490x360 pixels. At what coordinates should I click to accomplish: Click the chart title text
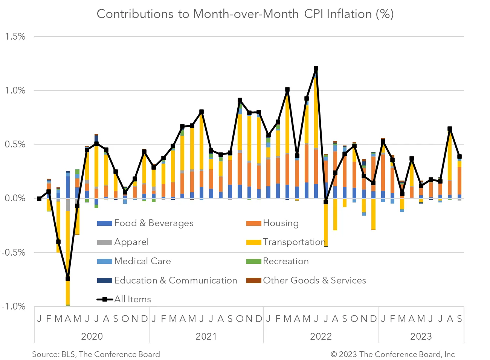click(245, 14)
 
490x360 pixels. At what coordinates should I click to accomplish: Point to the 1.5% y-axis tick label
click(15, 37)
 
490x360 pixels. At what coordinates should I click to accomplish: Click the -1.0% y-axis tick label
click(14, 306)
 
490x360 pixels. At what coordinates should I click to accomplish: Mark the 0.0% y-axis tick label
click(15, 199)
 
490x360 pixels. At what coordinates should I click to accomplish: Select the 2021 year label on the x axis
click(206, 336)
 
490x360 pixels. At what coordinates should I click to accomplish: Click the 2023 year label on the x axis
click(421, 336)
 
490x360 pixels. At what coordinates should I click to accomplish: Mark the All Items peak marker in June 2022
click(316, 69)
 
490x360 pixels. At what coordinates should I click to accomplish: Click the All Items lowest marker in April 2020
click(68, 279)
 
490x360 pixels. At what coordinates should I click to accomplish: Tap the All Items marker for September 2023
click(459, 156)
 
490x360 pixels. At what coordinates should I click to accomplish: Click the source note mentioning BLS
click(96, 354)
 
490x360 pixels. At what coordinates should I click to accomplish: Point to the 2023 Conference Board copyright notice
click(392, 354)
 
